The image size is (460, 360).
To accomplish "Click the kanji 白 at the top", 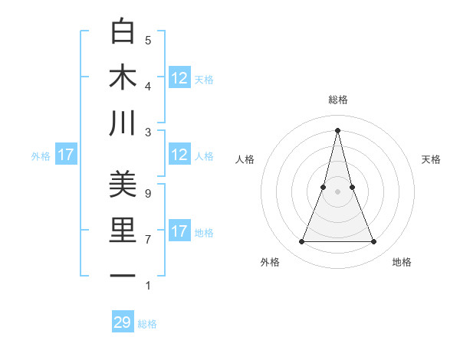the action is point(123,31).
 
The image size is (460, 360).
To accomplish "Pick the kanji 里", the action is point(123,231).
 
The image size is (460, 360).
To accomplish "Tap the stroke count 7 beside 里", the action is point(147,240).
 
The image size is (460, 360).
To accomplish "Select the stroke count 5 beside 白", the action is point(148,41).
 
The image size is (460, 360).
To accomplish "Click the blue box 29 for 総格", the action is point(123,322).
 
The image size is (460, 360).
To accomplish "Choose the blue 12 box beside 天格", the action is point(179,78).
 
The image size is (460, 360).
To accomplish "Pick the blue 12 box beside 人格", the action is point(179,155).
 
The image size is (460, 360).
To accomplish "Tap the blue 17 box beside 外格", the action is point(65,155).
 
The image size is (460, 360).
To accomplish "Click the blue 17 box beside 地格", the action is point(179,231).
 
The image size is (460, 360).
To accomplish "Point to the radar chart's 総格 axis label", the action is point(338,100).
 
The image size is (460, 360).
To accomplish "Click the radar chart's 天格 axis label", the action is point(432,159).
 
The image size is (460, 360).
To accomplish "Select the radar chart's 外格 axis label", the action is point(270,262).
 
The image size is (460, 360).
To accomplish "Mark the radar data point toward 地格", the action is point(374,242).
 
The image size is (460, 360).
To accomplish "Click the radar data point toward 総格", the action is point(338,129).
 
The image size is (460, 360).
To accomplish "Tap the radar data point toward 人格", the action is point(324,187).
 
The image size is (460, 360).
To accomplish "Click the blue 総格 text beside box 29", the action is point(147,324).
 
